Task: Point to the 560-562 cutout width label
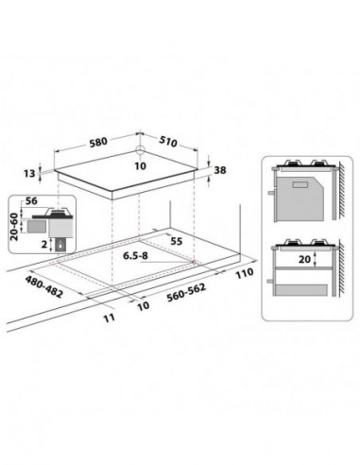tap(182, 294)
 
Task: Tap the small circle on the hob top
tap(139, 149)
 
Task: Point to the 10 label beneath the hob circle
tap(139, 164)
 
